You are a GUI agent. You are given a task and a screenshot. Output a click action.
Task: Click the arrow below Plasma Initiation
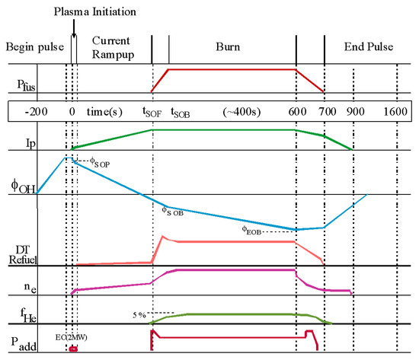click(73, 28)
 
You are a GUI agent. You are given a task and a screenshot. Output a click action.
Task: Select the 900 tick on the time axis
click(353, 110)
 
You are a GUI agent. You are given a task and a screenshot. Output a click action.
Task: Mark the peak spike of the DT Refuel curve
click(162, 237)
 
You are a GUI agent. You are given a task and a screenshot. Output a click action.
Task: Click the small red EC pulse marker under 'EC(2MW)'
click(74, 349)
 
